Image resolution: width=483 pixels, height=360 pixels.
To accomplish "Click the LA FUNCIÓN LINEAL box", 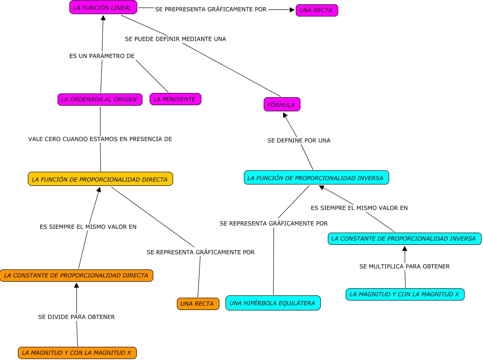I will pos(103,8).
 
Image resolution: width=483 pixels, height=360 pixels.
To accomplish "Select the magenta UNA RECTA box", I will pos(316,10).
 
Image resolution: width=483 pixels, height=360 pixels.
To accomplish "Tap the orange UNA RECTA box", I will pos(198,304).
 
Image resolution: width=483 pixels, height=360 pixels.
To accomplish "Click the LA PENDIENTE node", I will pos(175,99).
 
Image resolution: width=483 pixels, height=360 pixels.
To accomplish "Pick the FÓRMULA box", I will pos(282,105).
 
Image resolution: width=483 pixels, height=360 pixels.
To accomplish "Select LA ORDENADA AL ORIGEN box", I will pos(100,99).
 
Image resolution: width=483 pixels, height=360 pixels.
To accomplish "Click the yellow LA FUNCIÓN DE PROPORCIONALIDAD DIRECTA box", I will pos(100,179).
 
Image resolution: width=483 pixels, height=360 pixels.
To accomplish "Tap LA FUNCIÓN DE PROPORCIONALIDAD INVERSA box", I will pos(316,178).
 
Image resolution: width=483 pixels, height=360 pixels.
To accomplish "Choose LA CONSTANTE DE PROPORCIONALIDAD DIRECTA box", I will pos(76,275).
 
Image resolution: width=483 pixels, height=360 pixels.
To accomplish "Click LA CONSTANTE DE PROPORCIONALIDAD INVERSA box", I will pos(404,239).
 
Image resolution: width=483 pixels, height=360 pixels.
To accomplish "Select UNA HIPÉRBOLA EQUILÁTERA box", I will pos(273,303).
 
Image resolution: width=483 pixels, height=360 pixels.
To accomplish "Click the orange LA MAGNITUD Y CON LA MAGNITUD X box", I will pos(77,352).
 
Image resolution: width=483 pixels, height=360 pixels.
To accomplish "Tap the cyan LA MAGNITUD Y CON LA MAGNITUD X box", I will pos(405,294).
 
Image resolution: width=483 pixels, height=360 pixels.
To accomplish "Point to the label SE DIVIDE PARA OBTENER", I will pos(76,317).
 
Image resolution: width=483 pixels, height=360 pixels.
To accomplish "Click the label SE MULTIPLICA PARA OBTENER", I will pos(404,267).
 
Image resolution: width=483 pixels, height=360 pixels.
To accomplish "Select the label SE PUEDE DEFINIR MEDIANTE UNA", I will pos(175,39).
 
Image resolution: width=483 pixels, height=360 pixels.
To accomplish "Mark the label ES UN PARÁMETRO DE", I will pos(102,56).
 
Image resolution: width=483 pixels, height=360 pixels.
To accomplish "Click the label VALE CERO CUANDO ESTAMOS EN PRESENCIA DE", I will pos(100,139).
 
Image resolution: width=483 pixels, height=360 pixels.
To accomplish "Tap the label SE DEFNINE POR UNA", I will pos(299,141).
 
